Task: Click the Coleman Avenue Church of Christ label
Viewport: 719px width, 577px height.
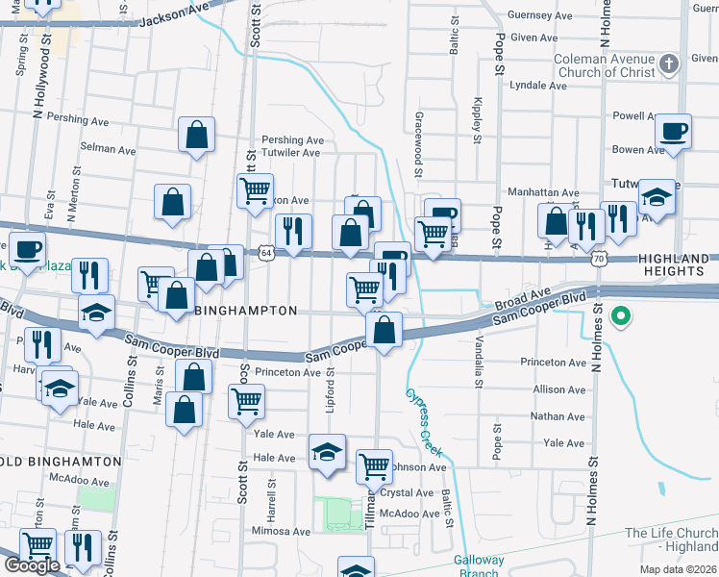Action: (603, 65)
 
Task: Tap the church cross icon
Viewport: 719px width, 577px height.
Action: (669, 65)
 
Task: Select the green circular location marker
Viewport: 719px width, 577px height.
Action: (621, 314)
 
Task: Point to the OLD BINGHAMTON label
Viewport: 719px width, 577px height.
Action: (61, 462)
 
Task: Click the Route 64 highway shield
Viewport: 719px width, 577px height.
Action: (266, 252)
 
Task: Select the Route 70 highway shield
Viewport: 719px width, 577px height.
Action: (600, 259)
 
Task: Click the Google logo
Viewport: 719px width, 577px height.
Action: (32, 565)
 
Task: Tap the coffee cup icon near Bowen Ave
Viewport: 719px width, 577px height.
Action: (673, 131)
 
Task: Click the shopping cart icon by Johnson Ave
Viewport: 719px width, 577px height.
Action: (374, 467)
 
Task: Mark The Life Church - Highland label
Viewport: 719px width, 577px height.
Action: (671, 539)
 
